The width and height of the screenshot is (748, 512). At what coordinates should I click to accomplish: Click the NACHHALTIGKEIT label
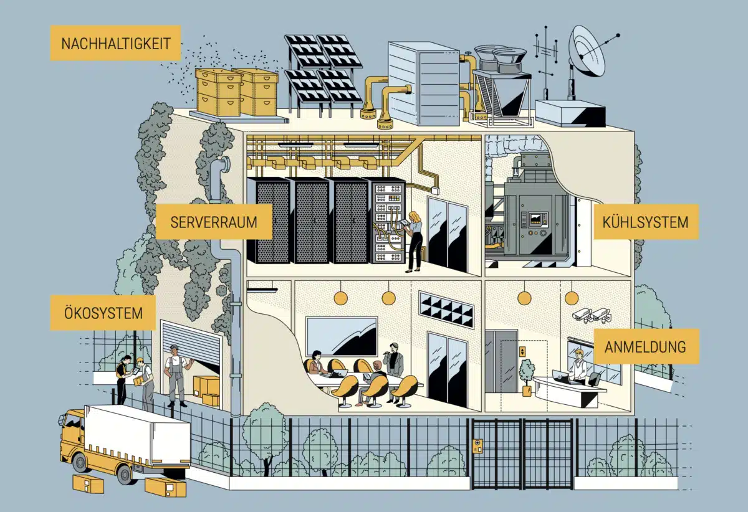tap(115, 43)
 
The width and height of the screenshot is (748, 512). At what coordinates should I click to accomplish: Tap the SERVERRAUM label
tap(214, 222)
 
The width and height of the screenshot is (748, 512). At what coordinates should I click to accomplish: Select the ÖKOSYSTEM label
tap(103, 313)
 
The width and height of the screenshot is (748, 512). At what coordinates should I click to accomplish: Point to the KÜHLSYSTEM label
tap(646, 222)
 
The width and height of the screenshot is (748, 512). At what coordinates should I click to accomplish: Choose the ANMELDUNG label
tap(646, 346)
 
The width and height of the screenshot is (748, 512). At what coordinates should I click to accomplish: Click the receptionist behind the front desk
tap(578, 365)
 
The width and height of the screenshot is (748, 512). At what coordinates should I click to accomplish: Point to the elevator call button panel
tap(522, 351)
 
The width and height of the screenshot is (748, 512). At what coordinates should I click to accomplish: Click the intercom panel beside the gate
tap(478, 446)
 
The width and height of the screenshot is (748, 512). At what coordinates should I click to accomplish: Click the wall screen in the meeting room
tap(342, 336)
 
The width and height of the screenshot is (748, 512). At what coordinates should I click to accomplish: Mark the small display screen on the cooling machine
tap(537, 219)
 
